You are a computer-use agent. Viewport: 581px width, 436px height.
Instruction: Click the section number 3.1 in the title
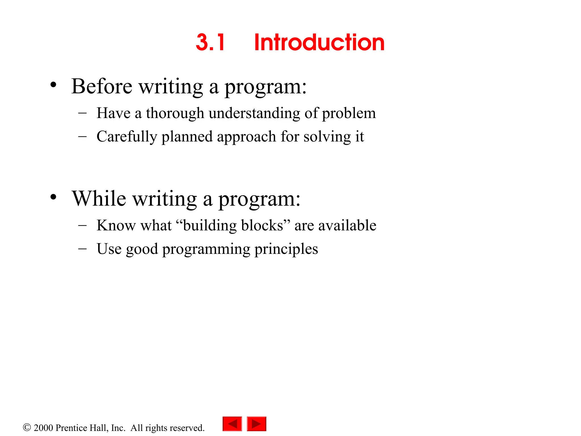(210, 43)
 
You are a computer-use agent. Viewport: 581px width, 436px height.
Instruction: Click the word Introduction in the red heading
(319, 43)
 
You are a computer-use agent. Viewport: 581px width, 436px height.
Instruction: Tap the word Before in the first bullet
(102, 86)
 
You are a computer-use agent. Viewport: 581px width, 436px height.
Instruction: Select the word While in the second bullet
(99, 198)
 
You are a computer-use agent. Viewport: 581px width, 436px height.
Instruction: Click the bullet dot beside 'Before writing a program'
(53, 85)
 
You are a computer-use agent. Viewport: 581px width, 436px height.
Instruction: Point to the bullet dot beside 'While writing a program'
(53, 197)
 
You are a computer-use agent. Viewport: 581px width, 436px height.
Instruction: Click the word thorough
(175, 114)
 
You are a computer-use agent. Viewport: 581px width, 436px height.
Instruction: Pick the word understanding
(254, 114)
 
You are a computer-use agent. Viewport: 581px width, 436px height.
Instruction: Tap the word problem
(349, 114)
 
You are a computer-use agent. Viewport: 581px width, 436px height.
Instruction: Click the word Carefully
(127, 137)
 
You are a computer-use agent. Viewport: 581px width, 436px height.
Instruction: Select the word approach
(246, 137)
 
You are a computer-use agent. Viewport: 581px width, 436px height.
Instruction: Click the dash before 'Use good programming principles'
(82, 249)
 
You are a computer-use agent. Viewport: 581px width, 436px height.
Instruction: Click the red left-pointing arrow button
(232, 424)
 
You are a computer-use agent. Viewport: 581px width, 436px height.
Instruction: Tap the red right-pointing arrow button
(256, 424)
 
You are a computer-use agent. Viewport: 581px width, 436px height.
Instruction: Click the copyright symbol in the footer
(27, 427)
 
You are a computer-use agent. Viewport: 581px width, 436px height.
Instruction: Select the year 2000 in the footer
(43, 428)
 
